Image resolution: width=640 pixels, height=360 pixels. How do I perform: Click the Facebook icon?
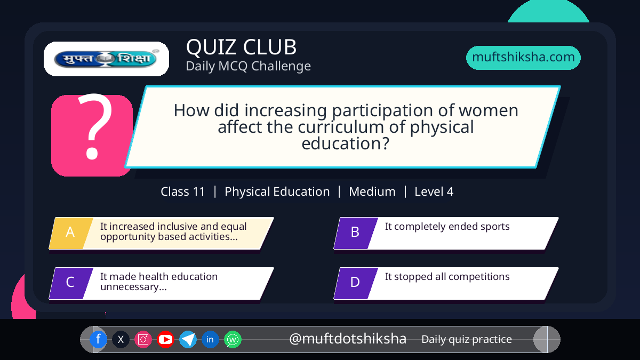(98, 339)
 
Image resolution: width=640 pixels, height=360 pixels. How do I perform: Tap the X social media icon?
(121, 339)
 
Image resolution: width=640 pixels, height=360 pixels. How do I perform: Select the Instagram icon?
(143, 339)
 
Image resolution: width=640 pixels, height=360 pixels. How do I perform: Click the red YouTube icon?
(165, 339)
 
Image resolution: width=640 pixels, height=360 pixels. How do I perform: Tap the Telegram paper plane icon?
(188, 339)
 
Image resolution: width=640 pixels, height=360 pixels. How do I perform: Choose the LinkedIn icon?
(210, 339)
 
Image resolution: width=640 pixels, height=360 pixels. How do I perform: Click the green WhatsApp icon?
(233, 339)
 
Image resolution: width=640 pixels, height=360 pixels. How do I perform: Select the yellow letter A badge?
(71, 233)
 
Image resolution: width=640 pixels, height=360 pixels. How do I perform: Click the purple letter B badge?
(356, 233)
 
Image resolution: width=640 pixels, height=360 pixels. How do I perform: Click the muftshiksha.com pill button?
(523, 58)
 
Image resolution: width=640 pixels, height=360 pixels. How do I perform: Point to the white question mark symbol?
(94, 126)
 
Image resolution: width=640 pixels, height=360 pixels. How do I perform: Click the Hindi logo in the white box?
(106, 59)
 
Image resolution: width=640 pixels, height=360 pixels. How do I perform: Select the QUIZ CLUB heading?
(241, 47)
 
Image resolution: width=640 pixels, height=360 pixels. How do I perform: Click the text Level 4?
(434, 191)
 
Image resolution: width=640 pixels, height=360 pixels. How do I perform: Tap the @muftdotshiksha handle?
(347, 339)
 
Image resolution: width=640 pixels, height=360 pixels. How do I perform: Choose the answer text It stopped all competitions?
(447, 277)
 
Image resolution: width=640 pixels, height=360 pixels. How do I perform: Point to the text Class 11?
(182, 191)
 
